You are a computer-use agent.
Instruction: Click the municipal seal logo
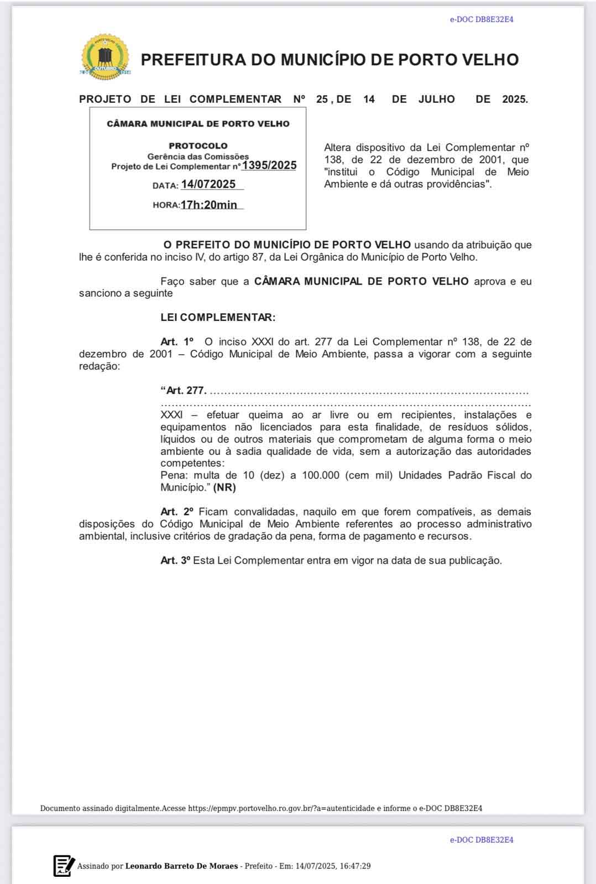coord(105,57)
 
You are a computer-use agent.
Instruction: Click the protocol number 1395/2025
coord(269,165)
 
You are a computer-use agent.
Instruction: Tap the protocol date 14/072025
coord(208,185)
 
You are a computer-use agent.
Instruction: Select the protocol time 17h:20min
coord(209,205)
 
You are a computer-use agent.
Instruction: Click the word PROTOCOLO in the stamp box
coord(198,146)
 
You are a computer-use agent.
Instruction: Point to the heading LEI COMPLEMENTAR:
coord(218,318)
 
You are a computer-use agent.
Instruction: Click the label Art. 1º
coord(177,342)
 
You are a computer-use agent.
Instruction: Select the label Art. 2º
coord(177,512)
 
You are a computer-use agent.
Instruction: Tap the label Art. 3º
coord(175,560)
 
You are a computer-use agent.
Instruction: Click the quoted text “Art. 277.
coord(184,391)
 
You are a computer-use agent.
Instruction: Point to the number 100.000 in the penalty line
coord(321,475)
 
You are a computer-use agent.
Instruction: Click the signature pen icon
coord(64,866)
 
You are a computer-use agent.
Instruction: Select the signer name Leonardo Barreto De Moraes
coord(181,866)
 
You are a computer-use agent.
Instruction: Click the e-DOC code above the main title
coord(481,19)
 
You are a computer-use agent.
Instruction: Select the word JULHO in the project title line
coord(436,99)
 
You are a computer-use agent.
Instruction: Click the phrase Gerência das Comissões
coord(198,156)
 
